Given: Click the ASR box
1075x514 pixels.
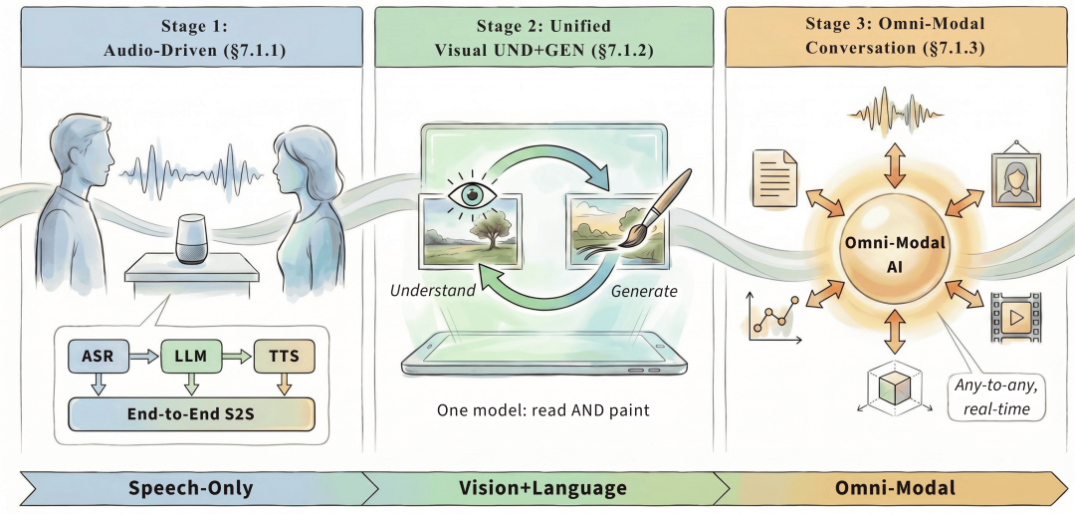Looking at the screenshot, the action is pos(98,356).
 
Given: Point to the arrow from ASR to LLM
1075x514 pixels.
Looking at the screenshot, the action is pos(144,356).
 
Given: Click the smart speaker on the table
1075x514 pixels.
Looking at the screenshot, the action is pos(191,239).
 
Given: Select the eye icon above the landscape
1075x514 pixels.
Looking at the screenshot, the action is pos(471,194).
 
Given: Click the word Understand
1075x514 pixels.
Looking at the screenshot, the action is pos(433,290).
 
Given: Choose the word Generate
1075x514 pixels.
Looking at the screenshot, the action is pos(644,292).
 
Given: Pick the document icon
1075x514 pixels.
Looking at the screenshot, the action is pos(774,178).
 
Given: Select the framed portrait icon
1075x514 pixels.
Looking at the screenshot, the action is pos(1016,178).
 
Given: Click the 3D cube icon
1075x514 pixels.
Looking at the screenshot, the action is pos(894,389).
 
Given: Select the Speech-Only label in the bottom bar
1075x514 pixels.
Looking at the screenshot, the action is pos(190,488).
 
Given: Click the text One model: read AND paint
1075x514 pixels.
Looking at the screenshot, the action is pos(543,410).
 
